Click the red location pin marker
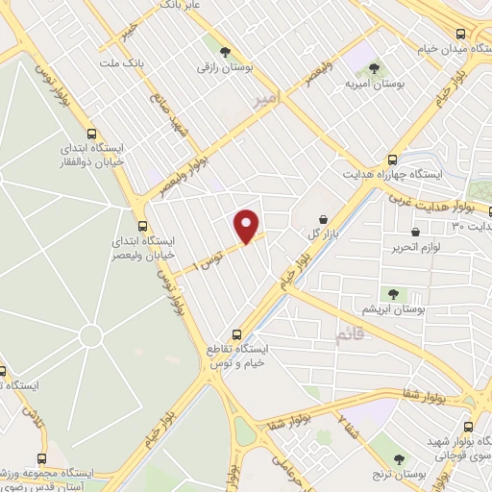tap(248, 226)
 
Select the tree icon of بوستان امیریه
tap(374, 67)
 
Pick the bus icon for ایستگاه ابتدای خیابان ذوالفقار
tap(91, 135)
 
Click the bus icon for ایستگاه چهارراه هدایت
tap(391, 160)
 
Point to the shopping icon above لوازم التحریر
tap(415, 232)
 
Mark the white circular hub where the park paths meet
tap(91, 335)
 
